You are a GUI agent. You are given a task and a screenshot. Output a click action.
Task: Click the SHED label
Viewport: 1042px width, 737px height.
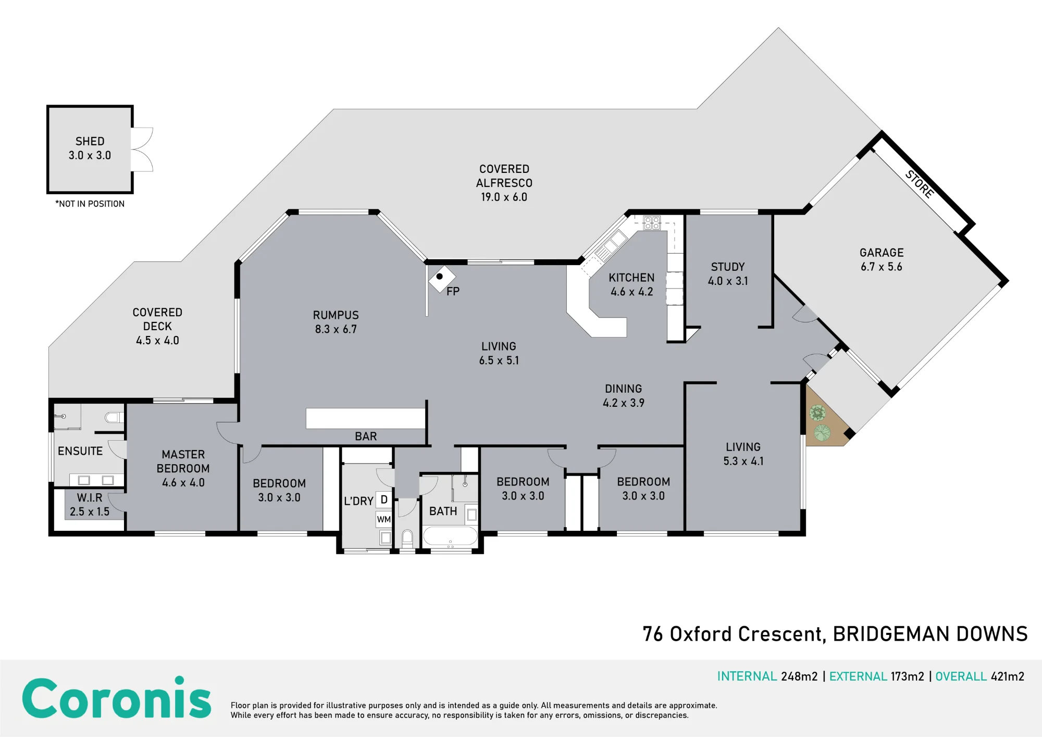tap(90, 141)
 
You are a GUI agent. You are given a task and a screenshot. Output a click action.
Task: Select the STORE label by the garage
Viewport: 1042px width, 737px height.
tap(920, 184)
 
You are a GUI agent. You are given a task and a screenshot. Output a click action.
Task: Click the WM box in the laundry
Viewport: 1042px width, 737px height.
tap(384, 519)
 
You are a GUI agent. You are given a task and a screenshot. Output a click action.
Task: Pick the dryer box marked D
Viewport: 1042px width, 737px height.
tap(384, 499)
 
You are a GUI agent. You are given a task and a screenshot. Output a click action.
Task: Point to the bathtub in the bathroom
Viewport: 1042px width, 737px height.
tap(450, 536)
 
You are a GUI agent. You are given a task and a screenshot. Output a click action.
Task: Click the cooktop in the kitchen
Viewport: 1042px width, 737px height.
tap(652, 223)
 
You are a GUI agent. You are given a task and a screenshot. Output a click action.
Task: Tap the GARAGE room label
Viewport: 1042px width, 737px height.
tap(882, 253)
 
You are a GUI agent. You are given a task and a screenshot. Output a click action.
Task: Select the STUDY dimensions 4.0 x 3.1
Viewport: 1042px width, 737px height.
tap(728, 281)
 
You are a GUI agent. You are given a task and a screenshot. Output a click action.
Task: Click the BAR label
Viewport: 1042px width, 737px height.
tap(366, 436)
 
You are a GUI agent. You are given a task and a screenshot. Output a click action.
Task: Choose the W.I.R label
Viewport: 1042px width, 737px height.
tap(90, 497)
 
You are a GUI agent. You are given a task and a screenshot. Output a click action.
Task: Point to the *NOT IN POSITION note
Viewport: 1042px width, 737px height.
tap(90, 204)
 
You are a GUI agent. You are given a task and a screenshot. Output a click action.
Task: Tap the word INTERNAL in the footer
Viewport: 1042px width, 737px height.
tap(747, 676)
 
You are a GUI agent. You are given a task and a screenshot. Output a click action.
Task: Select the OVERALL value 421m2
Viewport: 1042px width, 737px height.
tap(1008, 676)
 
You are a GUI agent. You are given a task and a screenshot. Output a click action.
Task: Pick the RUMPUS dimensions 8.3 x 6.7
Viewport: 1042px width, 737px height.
tap(336, 329)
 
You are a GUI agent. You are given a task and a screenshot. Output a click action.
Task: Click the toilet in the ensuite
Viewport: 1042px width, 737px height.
tap(115, 417)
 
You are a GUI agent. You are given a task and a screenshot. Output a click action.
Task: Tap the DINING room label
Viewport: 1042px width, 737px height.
tap(624, 389)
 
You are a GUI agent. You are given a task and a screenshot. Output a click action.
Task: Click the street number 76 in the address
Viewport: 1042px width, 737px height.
tap(653, 634)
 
